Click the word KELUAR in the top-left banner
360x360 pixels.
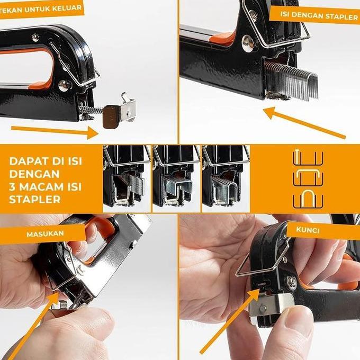[68, 8]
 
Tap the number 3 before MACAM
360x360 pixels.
[12, 187]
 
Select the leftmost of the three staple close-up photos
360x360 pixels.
[126, 176]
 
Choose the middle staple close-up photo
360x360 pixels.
[175, 176]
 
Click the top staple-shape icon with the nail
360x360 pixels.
[307, 158]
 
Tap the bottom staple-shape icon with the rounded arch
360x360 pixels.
[307, 196]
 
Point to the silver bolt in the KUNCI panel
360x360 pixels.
[291, 283]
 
